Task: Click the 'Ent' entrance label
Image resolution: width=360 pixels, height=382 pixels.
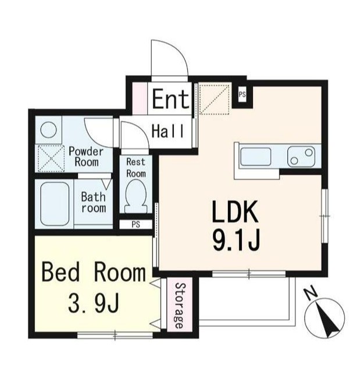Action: click(170, 98)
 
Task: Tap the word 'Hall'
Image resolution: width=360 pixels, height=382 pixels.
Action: click(167, 131)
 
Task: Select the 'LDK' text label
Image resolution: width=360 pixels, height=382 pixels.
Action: click(235, 212)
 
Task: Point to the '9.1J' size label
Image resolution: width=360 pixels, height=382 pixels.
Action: click(236, 240)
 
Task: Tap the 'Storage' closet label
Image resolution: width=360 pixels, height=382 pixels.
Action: click(180, 306)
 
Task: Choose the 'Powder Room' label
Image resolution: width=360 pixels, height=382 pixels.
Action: click(86, 157)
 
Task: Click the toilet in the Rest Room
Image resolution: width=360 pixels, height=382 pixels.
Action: click(136, 196)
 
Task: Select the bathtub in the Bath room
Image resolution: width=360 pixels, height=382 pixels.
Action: click(55, 204)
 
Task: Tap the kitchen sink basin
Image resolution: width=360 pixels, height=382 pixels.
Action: click(255, 157)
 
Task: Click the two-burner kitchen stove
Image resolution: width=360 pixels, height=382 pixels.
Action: click(301, 157)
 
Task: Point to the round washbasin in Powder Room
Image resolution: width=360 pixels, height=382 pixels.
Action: click(48, 130)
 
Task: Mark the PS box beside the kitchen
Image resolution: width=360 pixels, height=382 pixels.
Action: click(242, 94)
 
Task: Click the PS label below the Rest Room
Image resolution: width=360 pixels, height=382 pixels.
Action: click(136, 224)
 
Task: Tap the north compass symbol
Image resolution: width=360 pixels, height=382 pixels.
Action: click(325, 318)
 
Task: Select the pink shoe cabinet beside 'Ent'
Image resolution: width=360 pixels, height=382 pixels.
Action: click(140, 98)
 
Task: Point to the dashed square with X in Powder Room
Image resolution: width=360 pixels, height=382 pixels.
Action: click(51, 158)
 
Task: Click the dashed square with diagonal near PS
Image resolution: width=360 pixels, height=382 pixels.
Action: click(214, 98)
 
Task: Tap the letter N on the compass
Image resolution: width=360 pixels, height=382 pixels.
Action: click(311, 294)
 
